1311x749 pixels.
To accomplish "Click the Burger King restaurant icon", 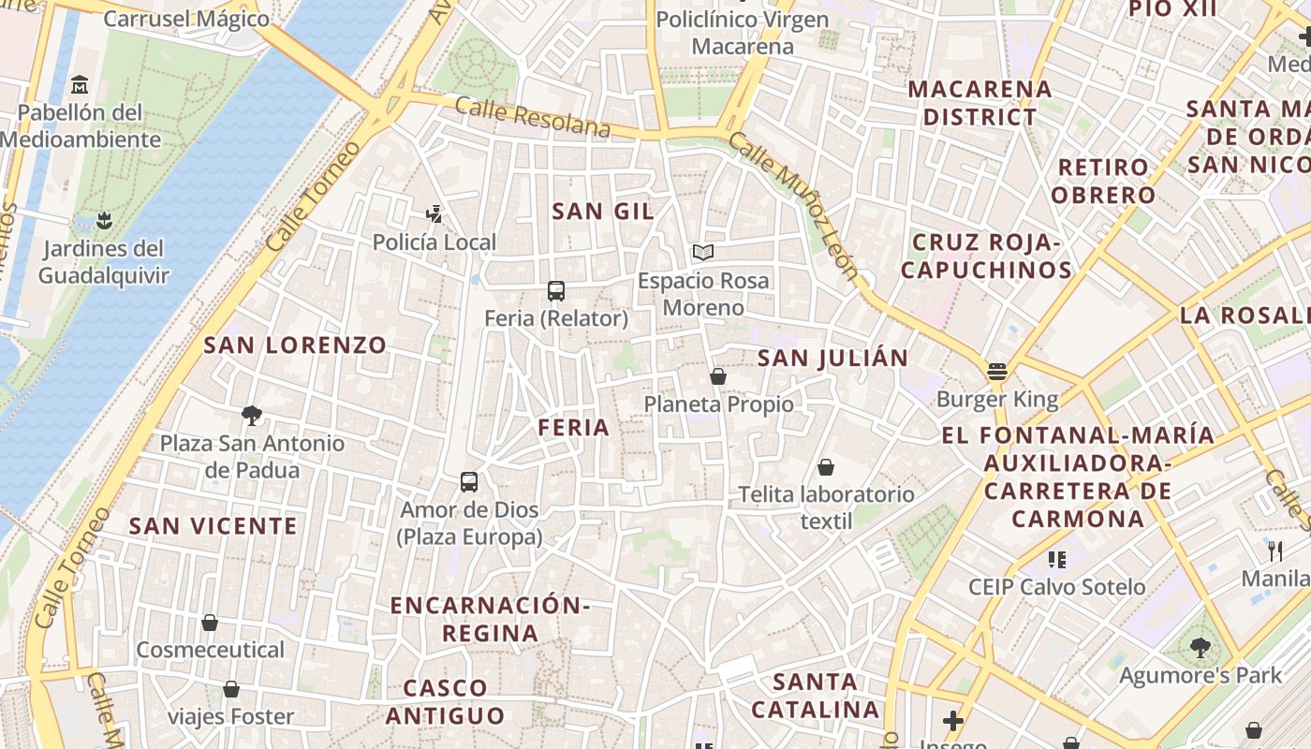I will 997,371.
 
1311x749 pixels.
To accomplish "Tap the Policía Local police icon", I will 434,214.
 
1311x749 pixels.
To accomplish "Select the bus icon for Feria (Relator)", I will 556,290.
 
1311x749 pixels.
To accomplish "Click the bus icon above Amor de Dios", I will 469,482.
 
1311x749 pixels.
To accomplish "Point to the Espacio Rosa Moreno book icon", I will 702,252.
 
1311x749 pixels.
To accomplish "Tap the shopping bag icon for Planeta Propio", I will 718,376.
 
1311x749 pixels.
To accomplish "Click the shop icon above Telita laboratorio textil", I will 826,466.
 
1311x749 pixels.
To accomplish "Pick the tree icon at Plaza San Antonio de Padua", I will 251,415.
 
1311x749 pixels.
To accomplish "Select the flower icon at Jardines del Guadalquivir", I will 104,221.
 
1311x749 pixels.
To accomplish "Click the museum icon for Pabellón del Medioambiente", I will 80,85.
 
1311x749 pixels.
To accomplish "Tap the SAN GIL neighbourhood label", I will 603,212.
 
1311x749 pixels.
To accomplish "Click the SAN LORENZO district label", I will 295,345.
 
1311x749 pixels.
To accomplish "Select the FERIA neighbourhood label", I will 573,428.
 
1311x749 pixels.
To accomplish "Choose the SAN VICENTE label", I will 213,526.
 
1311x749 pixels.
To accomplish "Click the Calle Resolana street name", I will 532,116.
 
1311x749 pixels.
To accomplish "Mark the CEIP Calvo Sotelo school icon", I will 1057,560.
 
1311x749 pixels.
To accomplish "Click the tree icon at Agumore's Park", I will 1200,647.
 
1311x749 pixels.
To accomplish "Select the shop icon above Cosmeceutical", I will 210,623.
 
